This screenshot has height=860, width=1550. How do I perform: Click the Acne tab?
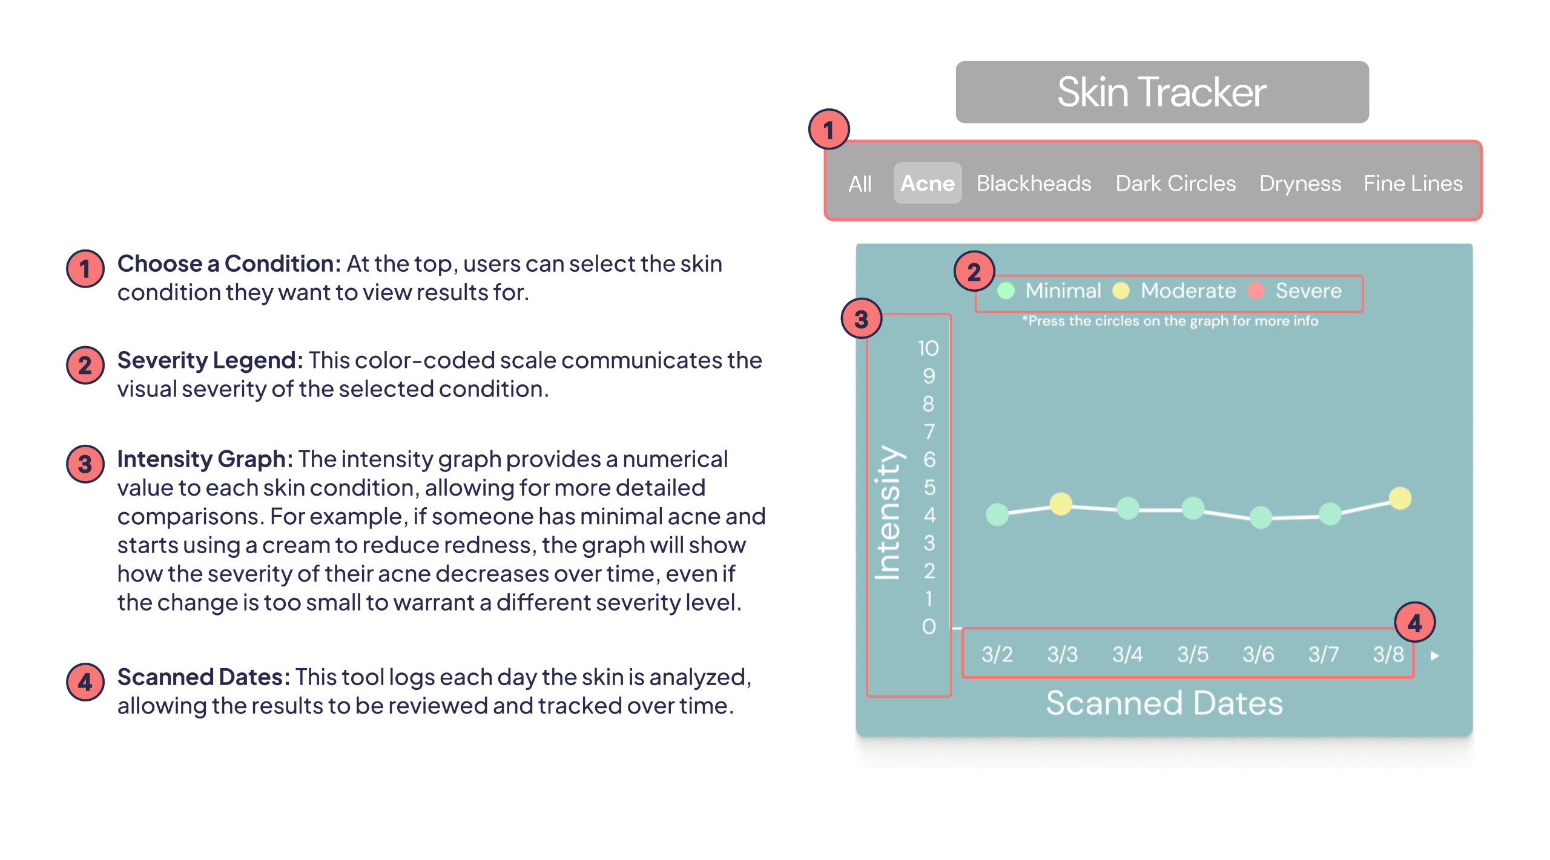(927, 183)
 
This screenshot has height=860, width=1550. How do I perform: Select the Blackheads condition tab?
(1034, 183)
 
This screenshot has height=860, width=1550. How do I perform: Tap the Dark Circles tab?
(1175, 183)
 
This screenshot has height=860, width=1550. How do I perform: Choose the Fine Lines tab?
(1413, 183)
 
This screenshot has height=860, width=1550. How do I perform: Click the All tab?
(860, 184)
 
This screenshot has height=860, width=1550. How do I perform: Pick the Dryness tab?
(1300, 183)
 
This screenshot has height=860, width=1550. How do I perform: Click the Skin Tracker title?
(1161, 92)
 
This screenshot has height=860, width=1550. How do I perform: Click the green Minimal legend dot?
(1006, 291)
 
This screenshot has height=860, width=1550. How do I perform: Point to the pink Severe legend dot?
(1256, 291)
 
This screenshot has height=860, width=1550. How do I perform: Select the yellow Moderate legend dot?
(1121, 291)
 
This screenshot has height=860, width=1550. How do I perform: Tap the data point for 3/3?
(1061, 504)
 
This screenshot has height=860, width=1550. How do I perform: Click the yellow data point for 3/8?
(1400, 498)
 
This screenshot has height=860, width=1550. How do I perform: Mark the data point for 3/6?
(1261, 517)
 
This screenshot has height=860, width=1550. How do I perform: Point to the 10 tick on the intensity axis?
(928, 348)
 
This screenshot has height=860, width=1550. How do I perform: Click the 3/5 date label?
(1192, 654)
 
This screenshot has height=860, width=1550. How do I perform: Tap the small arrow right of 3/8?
(1434, 655)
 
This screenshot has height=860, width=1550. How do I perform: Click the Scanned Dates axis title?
(1164, 703)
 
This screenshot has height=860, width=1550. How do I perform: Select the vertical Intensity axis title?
(888, 513)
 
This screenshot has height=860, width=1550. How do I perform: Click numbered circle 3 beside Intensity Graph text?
(85, 464)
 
